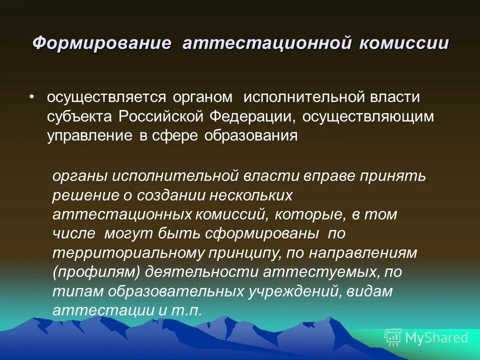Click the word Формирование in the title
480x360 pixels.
coord(102,43)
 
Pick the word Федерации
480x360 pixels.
coord(245,116)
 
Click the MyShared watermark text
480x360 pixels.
coord(436,337)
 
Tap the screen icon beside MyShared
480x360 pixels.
coord(393,337)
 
